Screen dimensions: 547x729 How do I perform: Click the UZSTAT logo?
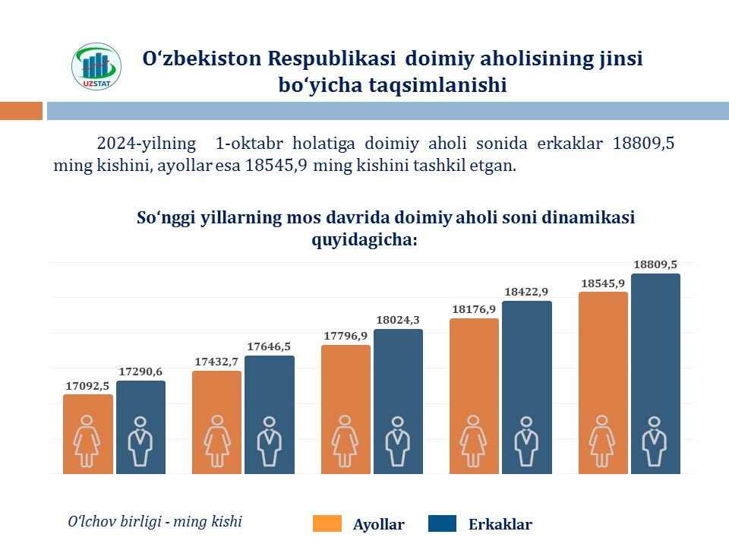click(96, 66)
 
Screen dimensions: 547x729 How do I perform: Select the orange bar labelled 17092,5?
click(88, 433)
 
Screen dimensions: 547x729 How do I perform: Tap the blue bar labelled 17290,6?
click(140, 426)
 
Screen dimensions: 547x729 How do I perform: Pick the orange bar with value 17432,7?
click(217, 422)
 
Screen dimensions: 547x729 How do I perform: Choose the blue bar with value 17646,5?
click(270, 414)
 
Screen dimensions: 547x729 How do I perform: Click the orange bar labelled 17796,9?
click(346, 409)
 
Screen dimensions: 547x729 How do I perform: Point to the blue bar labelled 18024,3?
click(398, 400)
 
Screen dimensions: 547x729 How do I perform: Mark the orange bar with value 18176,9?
click(475, 395)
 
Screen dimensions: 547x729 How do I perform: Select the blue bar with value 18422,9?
click(527, 387)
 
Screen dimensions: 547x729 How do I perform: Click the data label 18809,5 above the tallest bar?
click(655, 264)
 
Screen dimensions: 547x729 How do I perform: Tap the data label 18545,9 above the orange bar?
click(603, 283)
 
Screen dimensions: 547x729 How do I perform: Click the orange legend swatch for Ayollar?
click(327, 523)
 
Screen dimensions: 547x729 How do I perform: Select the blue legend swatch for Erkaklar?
click(443, 523)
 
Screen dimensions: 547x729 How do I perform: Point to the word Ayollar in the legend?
click(379, 524)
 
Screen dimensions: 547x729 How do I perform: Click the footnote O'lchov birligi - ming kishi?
click(155, 521)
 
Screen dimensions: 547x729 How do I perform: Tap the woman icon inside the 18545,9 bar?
click(603, 441)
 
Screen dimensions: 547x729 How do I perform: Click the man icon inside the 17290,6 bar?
click(140, 441)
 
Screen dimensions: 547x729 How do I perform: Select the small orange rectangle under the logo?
click(21, 112)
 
